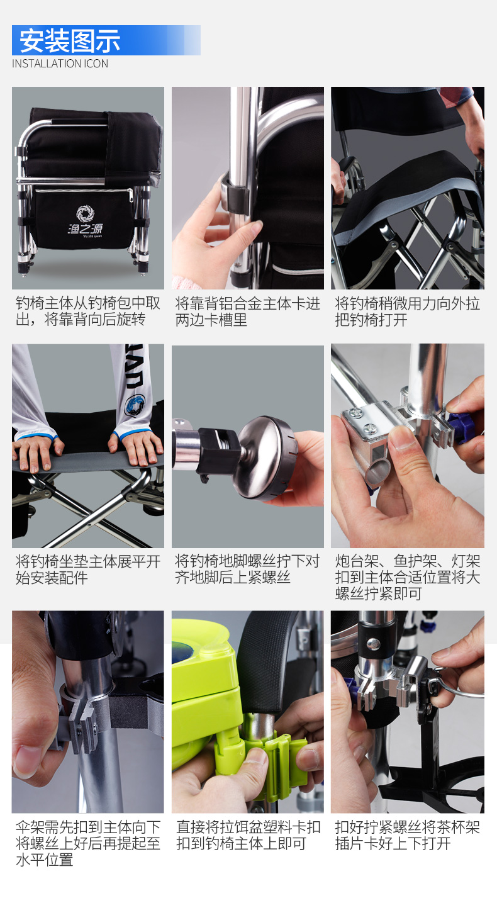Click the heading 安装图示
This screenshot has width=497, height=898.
tap(70, 41)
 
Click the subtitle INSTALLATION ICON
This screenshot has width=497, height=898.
tap(60, 64)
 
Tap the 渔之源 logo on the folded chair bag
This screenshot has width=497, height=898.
tap(85, 222)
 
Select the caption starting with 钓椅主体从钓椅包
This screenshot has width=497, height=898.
tap(88, 311)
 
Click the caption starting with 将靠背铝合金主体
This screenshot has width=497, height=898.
tap(248, 311)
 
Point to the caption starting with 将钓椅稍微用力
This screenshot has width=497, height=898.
tap(407, 311)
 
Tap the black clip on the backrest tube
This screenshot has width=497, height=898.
tap(236, 194)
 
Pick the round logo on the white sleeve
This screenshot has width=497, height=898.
tap(135, 405)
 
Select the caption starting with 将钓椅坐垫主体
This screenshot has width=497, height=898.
tap(88, 570)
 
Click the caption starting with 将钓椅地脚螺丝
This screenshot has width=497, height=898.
tap(247, 570)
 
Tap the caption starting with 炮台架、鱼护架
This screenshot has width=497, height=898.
tap(407, 577)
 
